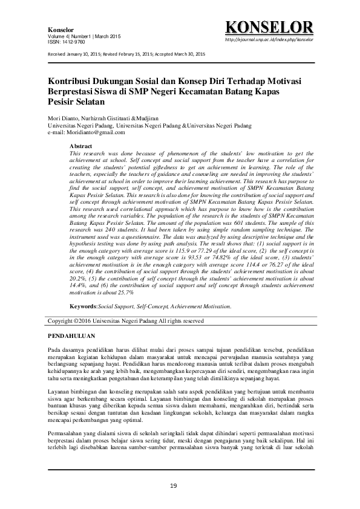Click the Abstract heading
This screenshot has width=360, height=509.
pos(81,147)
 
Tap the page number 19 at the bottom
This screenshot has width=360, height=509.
pos(173,485)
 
